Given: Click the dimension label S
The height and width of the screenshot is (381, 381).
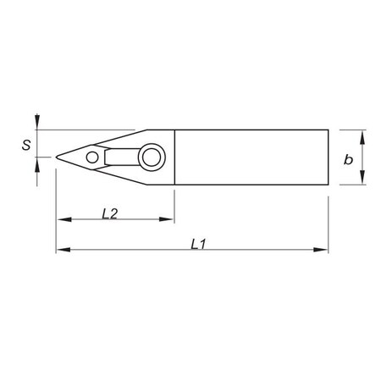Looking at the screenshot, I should pos(27,145).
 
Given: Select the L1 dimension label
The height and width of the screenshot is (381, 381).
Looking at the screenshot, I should pos(198,244).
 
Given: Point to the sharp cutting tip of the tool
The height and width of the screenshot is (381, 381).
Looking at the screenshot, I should pos(57,157).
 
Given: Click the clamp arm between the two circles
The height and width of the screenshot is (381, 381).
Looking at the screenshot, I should pos(119,156).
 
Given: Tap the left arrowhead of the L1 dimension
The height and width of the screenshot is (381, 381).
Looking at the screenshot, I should pos(60,250).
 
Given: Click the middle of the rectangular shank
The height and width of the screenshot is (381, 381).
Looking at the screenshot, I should pos(250,157).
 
